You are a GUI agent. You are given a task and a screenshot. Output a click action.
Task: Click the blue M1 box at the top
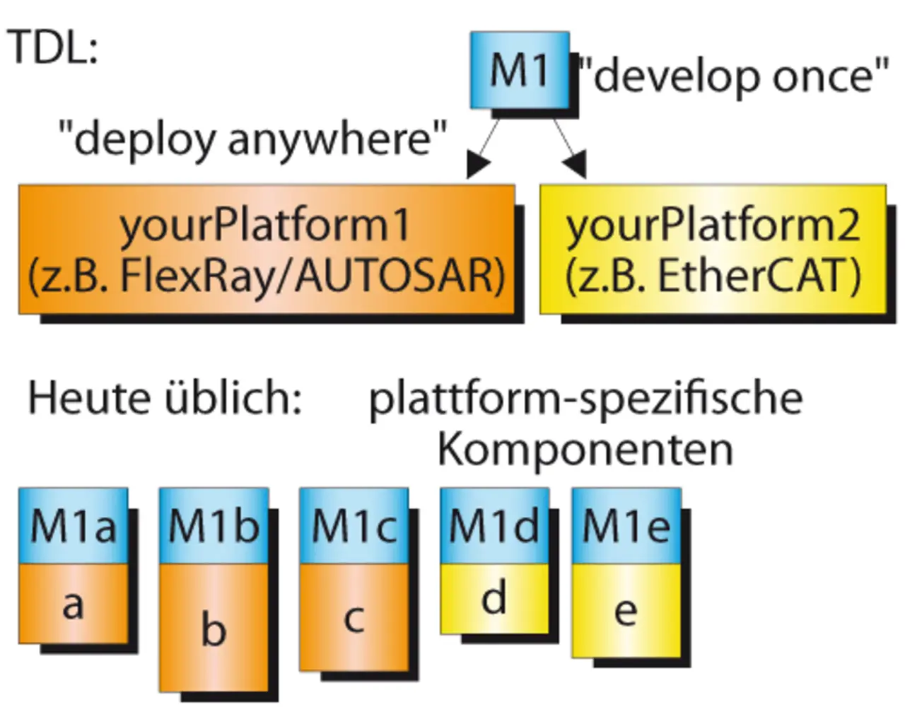tap(520, 70)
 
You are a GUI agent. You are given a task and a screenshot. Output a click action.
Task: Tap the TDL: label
tap(53, 48)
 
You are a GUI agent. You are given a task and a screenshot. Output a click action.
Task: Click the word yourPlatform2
tap(713, 225)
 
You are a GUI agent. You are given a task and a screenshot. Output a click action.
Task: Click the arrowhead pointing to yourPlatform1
tap(478, 167)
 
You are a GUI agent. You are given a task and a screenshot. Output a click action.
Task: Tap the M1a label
tap(73, 527)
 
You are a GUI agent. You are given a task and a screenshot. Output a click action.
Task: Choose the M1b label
tap(214, 527)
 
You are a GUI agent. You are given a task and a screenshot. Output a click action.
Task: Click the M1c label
tap(354, 527)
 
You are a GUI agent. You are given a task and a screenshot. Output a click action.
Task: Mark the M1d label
tap(494, 527)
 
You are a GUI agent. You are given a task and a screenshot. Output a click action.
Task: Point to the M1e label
tap(626, 527)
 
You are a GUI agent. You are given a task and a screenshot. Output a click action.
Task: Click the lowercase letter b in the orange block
tap(214, 629)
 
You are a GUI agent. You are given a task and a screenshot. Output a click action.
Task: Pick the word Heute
tap(90, 397)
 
